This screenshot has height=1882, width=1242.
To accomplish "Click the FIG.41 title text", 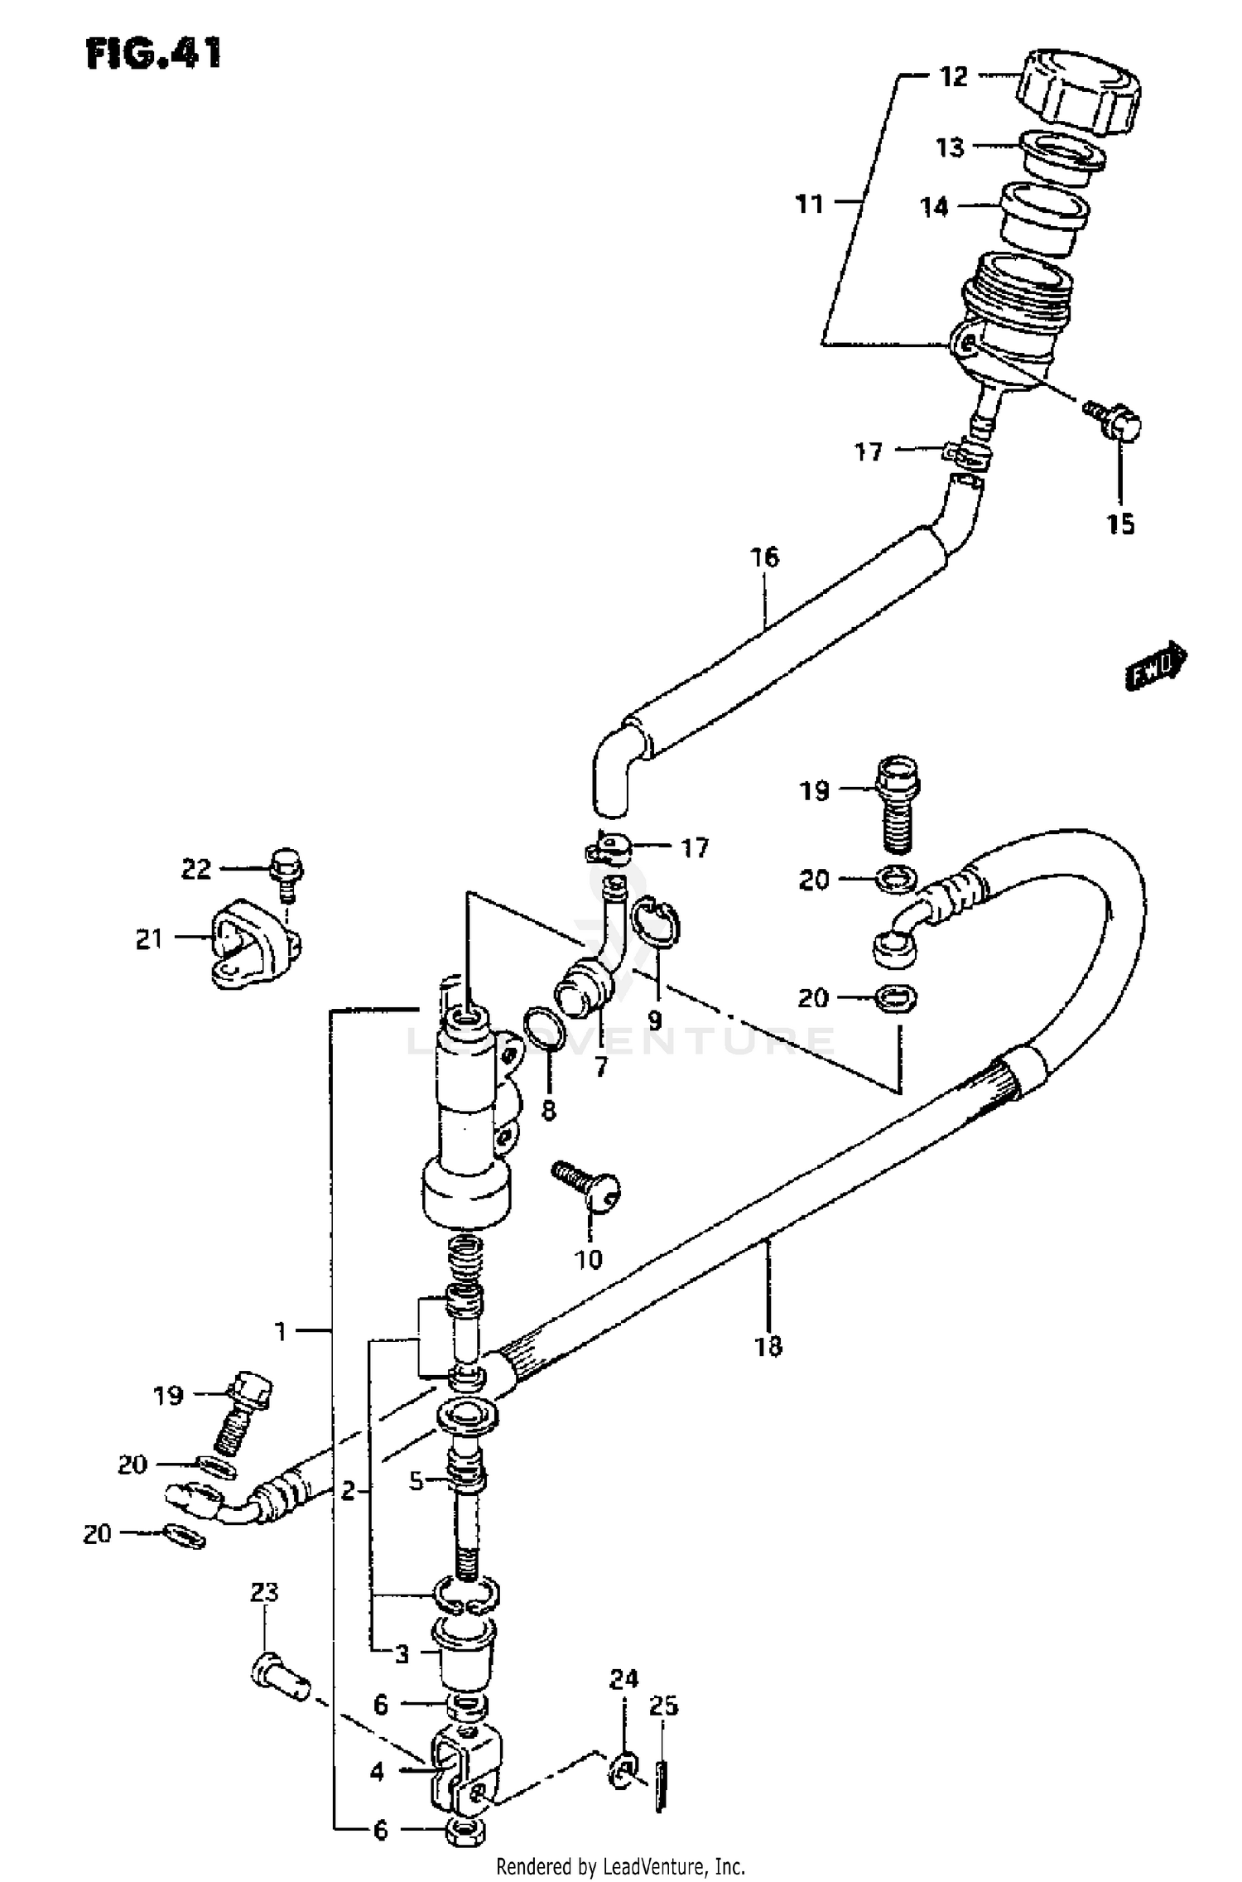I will (x=154, y=54).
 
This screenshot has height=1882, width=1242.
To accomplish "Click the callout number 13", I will (x=950, y=147).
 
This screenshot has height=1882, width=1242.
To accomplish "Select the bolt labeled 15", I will (x=1115, y=420).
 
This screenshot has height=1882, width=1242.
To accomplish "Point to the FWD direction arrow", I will (x=1156, y=666).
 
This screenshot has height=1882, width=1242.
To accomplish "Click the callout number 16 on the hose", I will (x=765, y=557).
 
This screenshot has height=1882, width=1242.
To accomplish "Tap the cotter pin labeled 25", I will (x=660, y=1788).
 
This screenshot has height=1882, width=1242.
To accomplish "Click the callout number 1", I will (x=281, y=1331).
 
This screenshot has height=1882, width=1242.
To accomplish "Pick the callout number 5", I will (x=416, y=1480).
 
